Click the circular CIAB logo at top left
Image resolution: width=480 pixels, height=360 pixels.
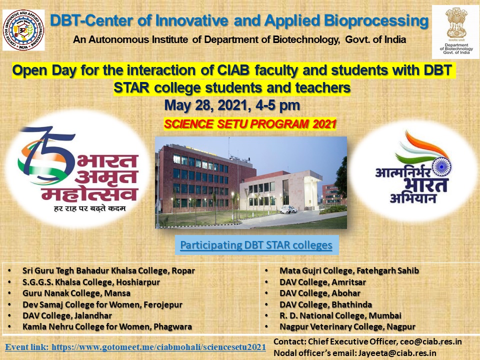click(x=23, y=30)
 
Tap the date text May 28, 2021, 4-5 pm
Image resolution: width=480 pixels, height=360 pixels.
click(x=232, y=105)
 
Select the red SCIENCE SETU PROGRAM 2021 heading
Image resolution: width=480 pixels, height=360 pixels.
click(x=250, y=124)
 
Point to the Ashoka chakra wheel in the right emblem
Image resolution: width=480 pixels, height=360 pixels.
click(x=441, y=166)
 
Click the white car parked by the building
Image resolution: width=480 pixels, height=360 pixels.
click(x=288, y=209)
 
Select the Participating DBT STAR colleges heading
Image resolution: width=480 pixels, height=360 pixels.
click(x=256, y=245)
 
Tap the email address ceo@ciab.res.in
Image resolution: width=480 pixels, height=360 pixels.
click(x=431, y=341)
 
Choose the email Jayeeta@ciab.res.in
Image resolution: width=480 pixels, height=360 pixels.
click(x=397, y=353)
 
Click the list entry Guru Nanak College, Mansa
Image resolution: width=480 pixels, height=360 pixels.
click(x=76, y=293)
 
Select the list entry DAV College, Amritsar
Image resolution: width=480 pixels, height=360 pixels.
click(x=322, y=282)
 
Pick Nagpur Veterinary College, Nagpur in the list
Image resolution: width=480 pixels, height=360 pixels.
click(x=347, y=327)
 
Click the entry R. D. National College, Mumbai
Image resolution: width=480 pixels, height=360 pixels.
click(x=340, y=315)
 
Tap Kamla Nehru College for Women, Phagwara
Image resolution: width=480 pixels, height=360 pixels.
click(x=107, y=327)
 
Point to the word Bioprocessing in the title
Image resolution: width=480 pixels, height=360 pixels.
click(x=376, y=21)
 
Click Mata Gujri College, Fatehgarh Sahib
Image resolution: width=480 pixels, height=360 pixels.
click(x=349, y=271)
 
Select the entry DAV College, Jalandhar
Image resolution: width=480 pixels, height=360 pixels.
click(x=67, y=315)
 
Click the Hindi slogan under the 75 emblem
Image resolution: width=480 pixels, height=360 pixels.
click(x=89, y=208)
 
